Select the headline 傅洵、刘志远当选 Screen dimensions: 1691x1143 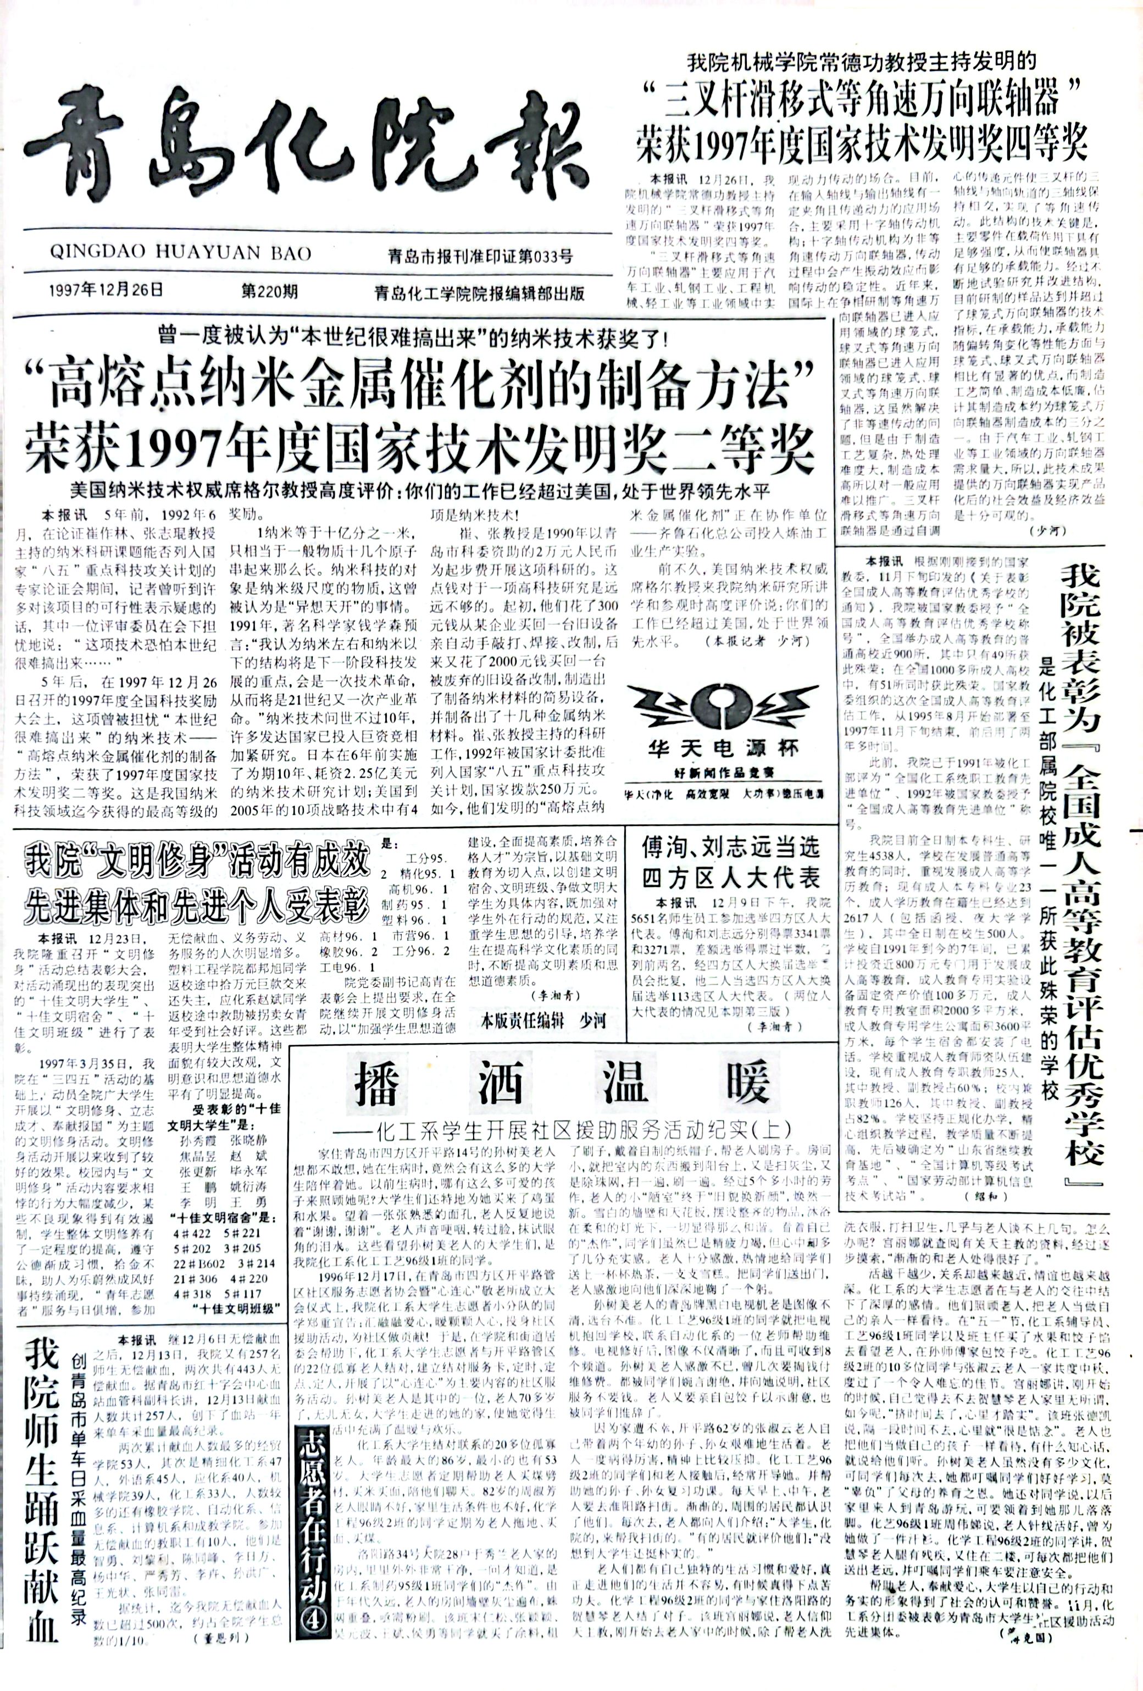pyautogui.click(x=730, y=847)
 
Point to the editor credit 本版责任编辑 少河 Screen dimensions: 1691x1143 pyautogui.click(x=542, y=1021)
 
